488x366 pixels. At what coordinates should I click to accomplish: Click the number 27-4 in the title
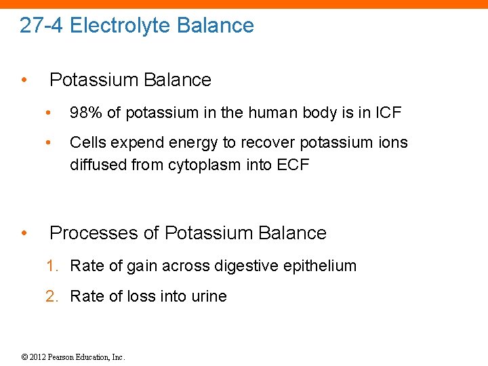tap(41, 26)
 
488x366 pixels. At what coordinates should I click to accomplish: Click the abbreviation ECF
tap(293, 165)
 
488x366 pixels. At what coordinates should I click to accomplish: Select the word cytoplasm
tap(207, 165)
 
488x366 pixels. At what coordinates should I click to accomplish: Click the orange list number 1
tap(51, 266)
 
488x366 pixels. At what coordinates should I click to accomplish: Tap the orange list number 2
tap(51, 296)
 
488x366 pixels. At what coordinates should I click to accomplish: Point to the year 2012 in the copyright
tap(37, 357)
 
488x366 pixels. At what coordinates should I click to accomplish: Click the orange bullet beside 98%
tap(48, 113)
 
